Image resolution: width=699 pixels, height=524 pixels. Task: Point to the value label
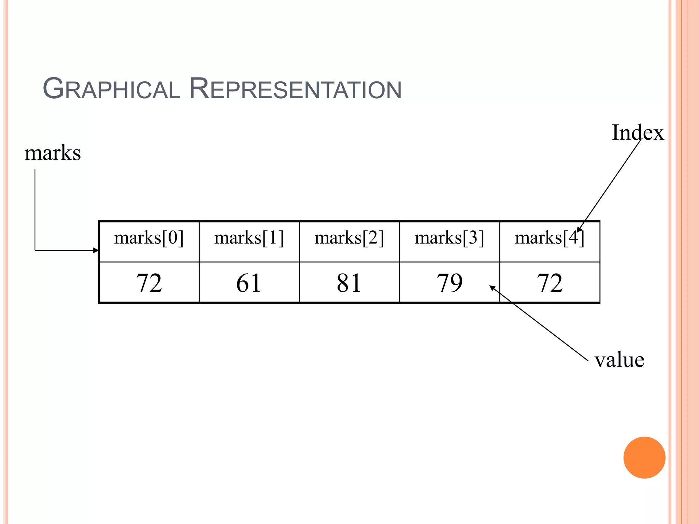[619, 360]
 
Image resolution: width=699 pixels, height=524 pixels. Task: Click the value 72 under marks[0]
[149, 283]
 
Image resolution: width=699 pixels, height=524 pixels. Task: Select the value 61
[249, 283]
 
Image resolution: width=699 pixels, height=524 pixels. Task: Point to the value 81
[349, 283]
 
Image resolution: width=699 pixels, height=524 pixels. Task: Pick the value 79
[449, 283]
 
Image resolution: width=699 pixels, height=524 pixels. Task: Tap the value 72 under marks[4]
[549, 283]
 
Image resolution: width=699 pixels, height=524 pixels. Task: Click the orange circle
[644, 457]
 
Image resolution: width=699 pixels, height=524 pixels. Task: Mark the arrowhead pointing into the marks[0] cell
[96, 250]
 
